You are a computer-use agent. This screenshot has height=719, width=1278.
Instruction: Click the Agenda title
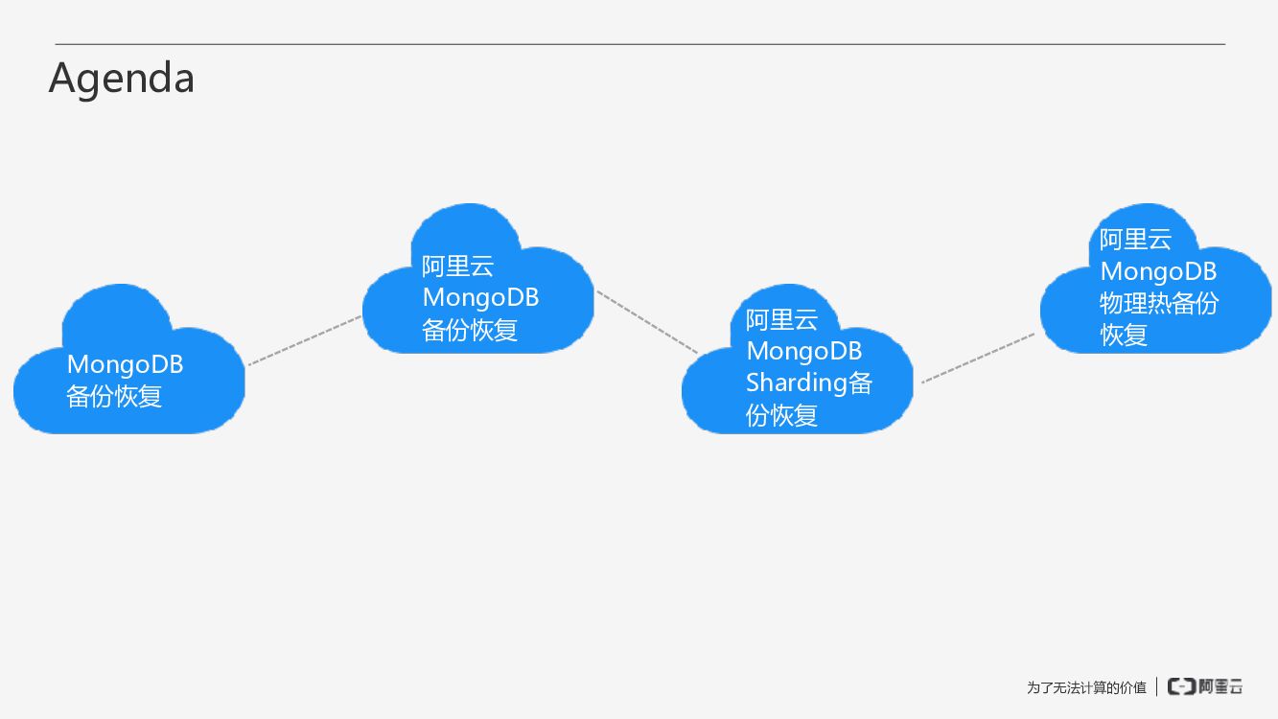122,78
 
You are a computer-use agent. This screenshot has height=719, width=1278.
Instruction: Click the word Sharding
796,383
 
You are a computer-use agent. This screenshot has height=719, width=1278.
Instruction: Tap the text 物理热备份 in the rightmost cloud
1158,303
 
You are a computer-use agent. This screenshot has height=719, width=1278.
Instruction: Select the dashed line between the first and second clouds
305,340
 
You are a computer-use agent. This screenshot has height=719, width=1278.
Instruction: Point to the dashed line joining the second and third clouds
647,322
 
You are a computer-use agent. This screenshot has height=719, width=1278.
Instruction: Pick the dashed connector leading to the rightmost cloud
978,359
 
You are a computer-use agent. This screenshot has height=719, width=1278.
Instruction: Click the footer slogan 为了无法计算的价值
1086,687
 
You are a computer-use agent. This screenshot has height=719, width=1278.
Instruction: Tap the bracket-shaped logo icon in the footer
1181,686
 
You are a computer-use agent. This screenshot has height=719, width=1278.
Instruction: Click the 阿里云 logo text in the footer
1220,686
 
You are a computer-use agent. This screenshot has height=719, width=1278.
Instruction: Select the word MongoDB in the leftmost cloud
125,364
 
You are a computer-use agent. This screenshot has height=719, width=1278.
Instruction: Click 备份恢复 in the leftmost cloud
114,396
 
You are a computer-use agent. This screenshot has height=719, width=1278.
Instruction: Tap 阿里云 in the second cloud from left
458,266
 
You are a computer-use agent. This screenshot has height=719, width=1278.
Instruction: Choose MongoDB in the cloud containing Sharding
803,351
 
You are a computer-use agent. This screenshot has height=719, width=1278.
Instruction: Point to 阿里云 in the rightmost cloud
1135,239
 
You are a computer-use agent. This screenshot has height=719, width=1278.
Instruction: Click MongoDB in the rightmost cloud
1158,271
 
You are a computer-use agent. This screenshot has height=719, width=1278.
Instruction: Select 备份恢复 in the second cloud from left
470,330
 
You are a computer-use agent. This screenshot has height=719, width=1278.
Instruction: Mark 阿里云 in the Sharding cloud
781,319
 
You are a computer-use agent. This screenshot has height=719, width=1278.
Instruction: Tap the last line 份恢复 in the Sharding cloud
781,415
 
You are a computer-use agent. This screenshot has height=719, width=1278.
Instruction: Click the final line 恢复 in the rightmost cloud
1124,335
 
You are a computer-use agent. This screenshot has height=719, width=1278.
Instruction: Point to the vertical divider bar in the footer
1156,686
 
